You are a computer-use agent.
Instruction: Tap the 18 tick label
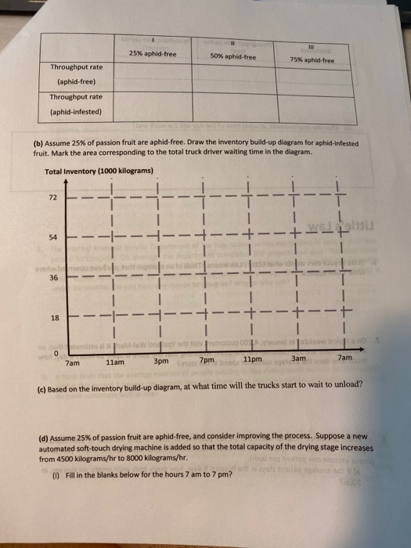54,318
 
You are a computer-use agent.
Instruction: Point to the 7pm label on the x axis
207,361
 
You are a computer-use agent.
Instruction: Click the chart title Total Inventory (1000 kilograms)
99,171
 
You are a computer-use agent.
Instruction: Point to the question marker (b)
38,144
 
